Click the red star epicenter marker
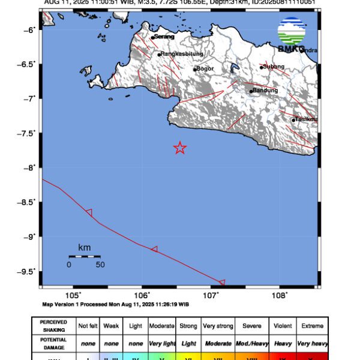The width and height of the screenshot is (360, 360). coord(179,148)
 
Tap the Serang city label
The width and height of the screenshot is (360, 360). coord(164,37)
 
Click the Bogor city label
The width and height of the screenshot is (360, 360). coord(205,68)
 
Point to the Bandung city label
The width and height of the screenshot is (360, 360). coord(265,91)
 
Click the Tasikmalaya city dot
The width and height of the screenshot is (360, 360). coord(293,120)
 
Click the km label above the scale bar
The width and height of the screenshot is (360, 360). coord(84,247)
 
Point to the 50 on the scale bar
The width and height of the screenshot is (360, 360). coord(100,264)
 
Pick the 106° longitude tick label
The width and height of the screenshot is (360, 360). coord(142,295)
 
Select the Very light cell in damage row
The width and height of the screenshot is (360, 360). coord(162,344)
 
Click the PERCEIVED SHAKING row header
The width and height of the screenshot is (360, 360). coord(53,326)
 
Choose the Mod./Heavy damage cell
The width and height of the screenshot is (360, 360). coord(251,344)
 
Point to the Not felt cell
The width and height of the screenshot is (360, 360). coord(88,326)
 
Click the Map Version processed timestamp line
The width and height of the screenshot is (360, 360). coord(116,304)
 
